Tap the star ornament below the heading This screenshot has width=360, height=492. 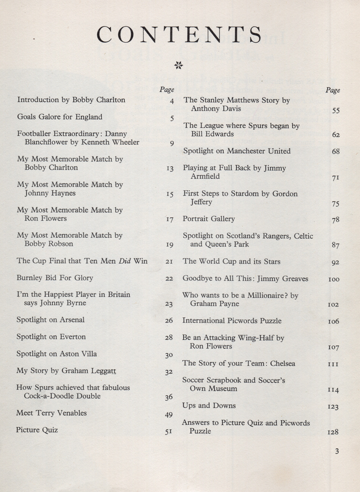pyautogui.click(x=179, y=65)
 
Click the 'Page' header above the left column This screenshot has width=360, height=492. pyautogui.click(x=167, y=89)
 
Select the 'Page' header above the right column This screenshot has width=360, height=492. pyautogui.click(x=333, y=90)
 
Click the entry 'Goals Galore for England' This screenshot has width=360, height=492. pyautogui.click(x=60, y=117)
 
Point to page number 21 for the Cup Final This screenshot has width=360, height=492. pyautogui.click(x=169, y=261)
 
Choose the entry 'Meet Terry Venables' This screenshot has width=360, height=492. pyautogui.click(x=51, y=413)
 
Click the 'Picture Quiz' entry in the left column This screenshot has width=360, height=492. pyautogui.click(x=37, y=430)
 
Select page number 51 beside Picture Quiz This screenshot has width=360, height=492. pyautogui.click(x=168, y=431)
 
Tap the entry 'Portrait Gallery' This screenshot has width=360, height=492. pyautogui.click(x=209, y=219)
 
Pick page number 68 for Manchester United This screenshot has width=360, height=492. pyautogui.click(x=336, y=151)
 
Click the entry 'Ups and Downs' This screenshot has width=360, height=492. pyautogui.click(x=209, y=406)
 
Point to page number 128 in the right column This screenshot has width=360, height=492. pyautogui.click(x=333, y=432)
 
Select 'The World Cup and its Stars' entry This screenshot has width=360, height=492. pyautogui.click(x=231, y=261)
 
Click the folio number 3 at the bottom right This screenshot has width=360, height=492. pyautogui.click(x=337, y=451)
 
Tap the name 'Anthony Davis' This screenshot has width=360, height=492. pyautogui.click(x=216, y=109)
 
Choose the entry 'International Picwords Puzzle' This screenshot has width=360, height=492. pyautogui.click(x=232, y=320)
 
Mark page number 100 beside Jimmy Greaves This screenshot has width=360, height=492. pyautogui.click(x=334, y=279)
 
